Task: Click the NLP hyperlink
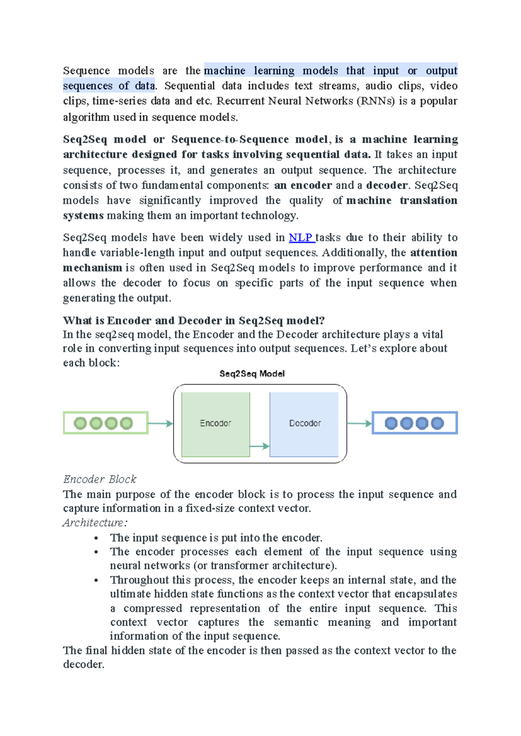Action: coord(300,237)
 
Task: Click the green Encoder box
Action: coord(215,424)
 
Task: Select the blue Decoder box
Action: coord(304,424)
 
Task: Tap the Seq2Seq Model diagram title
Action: coord(252,374)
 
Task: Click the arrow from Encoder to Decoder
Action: coord(260,446)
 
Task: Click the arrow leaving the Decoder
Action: coord(359,424)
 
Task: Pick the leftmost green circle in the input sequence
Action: coord(80,423)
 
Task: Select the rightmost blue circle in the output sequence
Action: coord(437,423)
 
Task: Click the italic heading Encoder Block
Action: coord(100,479)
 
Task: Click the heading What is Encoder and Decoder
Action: coord(194,321)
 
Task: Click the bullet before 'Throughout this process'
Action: coord(96,581)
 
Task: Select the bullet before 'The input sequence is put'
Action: coord(96,539)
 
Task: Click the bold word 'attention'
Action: coord(433,253)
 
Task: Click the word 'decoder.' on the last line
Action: coord(84,664)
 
